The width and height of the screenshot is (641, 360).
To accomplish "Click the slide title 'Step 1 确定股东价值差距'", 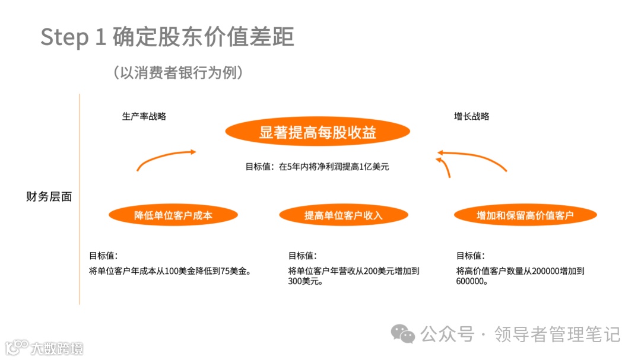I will tap(167, 37).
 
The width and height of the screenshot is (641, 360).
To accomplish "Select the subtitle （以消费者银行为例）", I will tap(177, 72).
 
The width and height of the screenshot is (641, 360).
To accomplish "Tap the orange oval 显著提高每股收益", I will tap(318, 132).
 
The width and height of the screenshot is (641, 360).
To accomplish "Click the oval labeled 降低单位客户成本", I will tap(173, 215).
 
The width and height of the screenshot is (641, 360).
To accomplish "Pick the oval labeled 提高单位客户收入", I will tap(344, 215).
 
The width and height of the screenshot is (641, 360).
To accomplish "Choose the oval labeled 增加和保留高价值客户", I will tap(525, 215).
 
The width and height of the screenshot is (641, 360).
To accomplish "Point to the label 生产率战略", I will tap(144, 116).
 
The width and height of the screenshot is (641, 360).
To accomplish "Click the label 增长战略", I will tap(472, 116).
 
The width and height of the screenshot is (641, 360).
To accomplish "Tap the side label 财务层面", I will tap(49, 197).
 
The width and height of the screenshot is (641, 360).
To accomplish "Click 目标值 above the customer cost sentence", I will tap(103, 256).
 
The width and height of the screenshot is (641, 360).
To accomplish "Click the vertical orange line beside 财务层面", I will tap(80, 199).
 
